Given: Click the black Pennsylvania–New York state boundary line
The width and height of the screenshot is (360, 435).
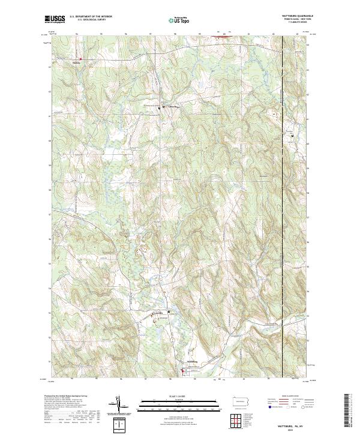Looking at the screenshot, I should (282, 180).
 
